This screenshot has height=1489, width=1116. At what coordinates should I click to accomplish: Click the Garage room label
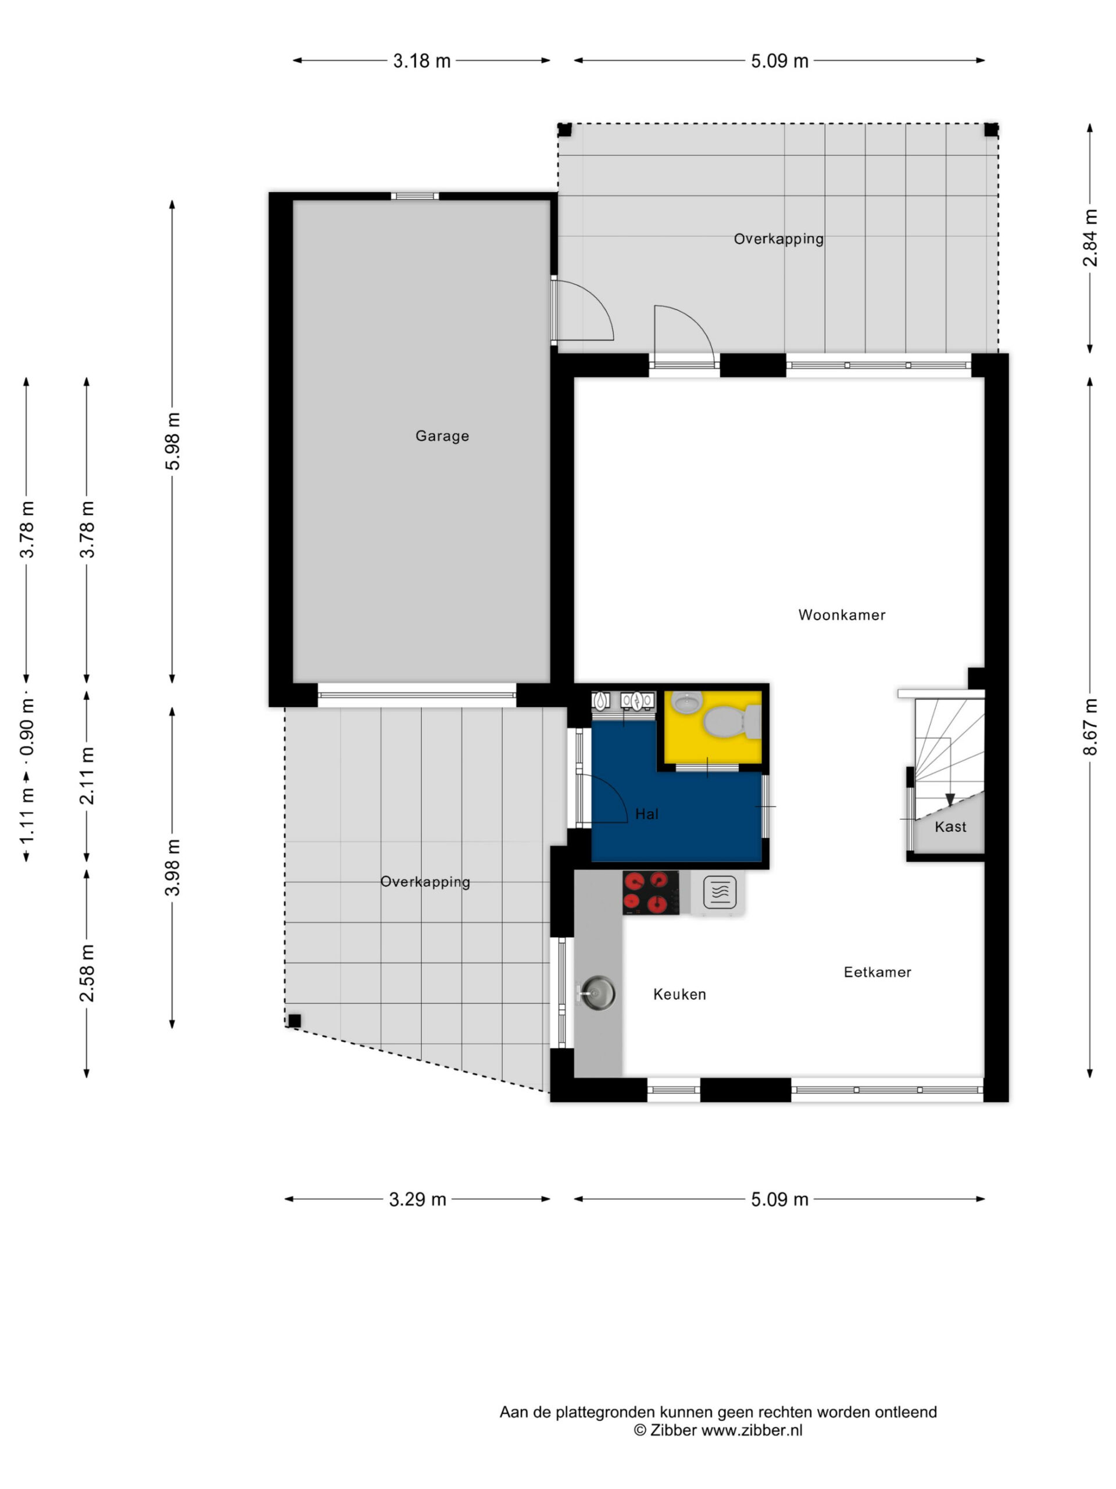click(x=442, y=436)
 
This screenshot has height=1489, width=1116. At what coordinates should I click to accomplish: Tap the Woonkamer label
click(x=842, y=615)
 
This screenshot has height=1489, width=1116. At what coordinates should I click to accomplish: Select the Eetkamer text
click(x=877, y=972)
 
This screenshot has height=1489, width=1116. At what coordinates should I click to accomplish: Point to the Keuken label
click(x=679, y=994)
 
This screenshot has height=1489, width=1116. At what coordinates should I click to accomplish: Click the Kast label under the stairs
click(x=950, y=827)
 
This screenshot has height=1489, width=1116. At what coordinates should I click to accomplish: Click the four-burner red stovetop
click(x=650, y=893)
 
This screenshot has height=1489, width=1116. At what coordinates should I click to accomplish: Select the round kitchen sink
click(x=598, y=993)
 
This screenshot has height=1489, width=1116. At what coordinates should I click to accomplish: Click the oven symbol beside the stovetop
click(x=719, y=894)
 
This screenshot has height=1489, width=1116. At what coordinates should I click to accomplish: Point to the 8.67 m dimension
click(x=1090, y=727)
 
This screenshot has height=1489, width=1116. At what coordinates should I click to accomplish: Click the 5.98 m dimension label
click(x=173, y=441)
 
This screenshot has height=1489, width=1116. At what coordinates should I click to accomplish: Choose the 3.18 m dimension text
click(x=422, y=60)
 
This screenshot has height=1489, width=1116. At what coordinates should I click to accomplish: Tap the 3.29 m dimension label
click(x=418, y=1199)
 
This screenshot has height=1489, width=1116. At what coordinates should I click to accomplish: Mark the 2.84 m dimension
click(x=1090, y=238)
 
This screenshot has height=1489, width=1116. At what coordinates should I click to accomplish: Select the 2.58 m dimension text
click(x=87, y=973)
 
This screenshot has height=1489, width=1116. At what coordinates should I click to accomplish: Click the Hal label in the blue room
click(x=646, y=814)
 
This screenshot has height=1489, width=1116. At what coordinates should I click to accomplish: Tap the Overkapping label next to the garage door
click(x=425, y=882)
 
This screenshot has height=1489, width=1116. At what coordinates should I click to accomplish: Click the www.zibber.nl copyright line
click(x=718, y=1430)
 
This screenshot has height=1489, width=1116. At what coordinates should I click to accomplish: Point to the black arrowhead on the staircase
click(x=950, y=800)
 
